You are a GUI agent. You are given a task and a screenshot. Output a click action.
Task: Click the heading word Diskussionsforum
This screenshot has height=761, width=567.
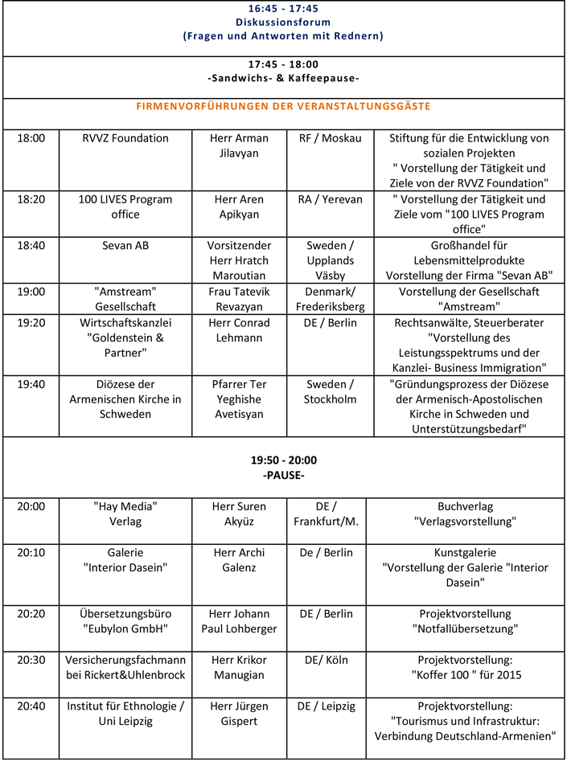click(283, 22)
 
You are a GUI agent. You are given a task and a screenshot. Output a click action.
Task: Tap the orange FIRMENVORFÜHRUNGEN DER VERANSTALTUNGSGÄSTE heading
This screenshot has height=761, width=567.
click(283, 106)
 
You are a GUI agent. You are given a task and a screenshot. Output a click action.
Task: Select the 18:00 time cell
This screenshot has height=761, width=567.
click(31, 138)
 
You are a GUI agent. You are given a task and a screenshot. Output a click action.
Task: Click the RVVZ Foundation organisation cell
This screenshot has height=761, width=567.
click(125, 138)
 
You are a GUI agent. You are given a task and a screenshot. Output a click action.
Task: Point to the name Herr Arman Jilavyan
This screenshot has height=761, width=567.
click(239, 145)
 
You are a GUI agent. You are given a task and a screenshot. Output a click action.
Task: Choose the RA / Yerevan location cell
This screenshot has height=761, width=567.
click(330, 199)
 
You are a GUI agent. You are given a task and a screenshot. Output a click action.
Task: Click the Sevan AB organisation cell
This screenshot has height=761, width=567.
click(125, 245)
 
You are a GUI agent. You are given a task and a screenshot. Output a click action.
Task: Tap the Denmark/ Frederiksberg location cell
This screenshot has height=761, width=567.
click(330, 299)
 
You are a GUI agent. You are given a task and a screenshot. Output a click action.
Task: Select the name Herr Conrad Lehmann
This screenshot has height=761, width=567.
click(239, 329)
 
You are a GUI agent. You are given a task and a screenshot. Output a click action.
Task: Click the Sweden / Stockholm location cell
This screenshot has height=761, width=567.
click(330, 391)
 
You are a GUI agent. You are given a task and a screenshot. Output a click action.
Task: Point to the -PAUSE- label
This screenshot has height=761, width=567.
click(283, 476)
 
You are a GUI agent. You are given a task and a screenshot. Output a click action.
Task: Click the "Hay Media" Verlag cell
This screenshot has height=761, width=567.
click(125, 513)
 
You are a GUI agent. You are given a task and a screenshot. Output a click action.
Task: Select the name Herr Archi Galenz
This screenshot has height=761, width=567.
click(239, 560)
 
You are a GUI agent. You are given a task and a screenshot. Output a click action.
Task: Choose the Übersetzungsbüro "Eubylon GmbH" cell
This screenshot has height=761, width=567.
click(125, 621)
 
